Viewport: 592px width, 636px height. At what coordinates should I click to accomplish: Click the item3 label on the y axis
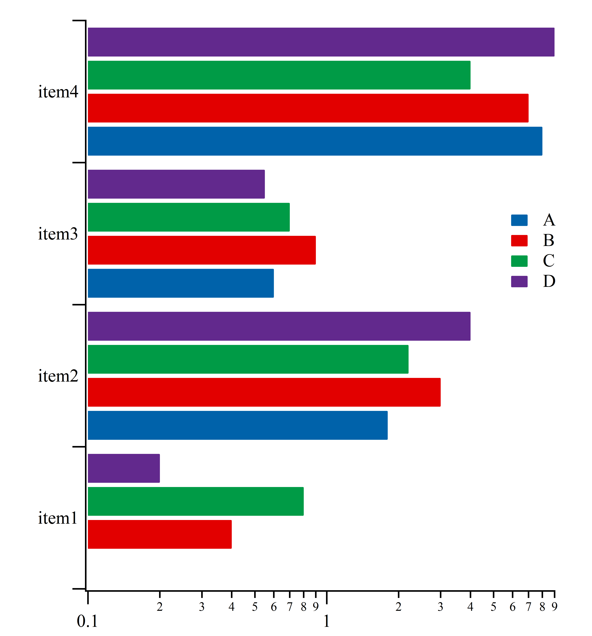58,234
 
